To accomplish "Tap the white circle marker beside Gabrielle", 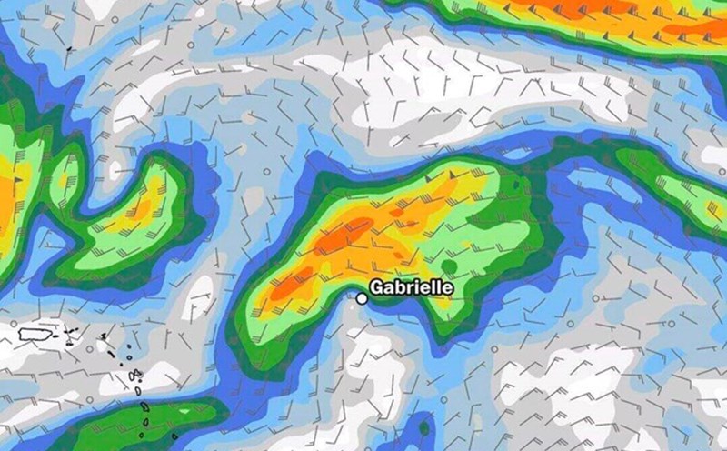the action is tap(362, 297).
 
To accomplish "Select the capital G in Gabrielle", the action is tap(378, 287).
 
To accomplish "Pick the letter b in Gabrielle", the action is tap(403, 287).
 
